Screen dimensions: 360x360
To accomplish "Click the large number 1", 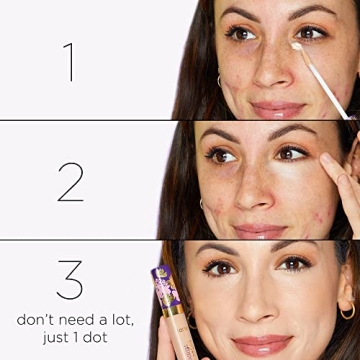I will click(x=69, y=61).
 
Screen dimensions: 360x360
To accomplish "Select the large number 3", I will click(x=69, y=281).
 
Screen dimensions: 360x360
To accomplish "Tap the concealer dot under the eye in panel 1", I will click(x=297, y=46).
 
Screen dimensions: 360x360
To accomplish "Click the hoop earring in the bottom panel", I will click(x=347, y=311).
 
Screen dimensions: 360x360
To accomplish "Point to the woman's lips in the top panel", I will click(x=277, y=107).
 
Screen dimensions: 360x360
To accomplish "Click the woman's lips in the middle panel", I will click(x=263, y=230).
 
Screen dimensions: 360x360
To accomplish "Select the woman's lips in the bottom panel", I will click(x=264, y=344).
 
